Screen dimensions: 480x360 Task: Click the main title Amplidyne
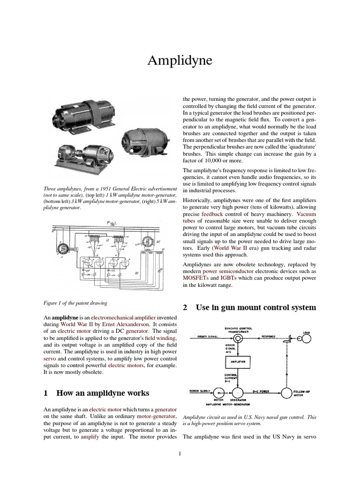(x=180, y=61)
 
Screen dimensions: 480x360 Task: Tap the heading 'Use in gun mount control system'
(x=249, y=307)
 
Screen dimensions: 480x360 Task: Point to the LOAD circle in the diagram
(x=306, y=337)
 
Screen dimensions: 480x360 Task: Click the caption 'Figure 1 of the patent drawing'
(x=75, y=302)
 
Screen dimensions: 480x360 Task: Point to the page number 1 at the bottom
(x=180, y=454)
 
